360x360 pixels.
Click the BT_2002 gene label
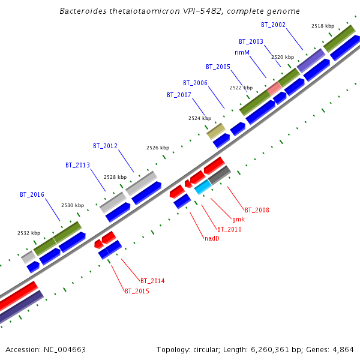point(273,25)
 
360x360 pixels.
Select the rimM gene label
point(242,52)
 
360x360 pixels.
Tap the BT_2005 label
point(218,67)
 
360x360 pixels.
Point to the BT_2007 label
point(179,95)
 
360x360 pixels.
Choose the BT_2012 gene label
point(105,146)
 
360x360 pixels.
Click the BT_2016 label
point(32,194)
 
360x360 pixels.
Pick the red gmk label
point(238,219)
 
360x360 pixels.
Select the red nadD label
point(211,238)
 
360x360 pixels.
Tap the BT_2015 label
point(137,291)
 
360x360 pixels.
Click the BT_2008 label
point(257,210)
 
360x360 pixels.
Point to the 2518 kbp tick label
point(323,26)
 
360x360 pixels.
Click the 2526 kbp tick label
point(158,148)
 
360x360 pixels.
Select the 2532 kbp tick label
point(29,233)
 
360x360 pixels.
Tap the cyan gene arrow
point(203,187)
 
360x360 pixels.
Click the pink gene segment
point(275,88)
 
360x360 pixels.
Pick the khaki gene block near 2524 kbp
point(216,131)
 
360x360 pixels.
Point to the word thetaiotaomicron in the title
point(143,11)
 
